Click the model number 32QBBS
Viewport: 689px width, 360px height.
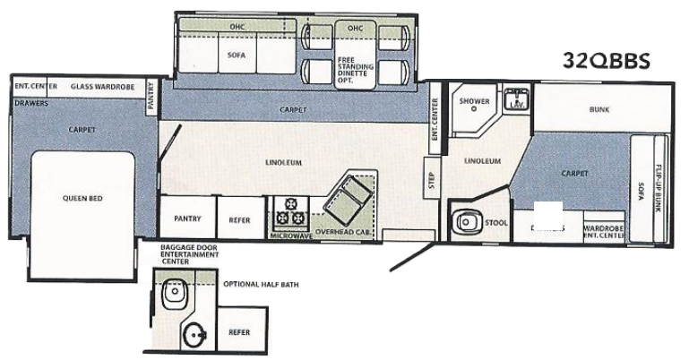pyautogui.click(x=606, y=61)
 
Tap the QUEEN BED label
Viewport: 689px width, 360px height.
pyautogui.click(x=81, y=199)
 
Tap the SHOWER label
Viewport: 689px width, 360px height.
pyautogui.click(x=474, y=101)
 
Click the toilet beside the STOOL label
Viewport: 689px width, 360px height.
pyautogui.click(x=464, y=219)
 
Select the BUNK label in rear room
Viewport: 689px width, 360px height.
pyautogui.click(x=599, y=109)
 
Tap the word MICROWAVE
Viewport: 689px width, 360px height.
pyautogui.click(x=293, y=236)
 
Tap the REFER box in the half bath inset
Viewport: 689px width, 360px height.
pyautogui.click(x=239, y=330)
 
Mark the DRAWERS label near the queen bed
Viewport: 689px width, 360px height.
pyautogui.click(x=30, y=102)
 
